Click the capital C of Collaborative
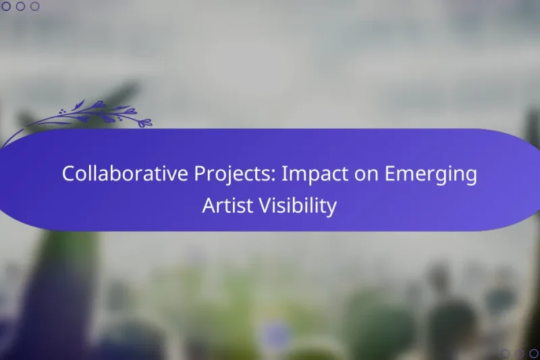(68, 174)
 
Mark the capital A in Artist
(209, 206)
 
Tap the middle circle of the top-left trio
(20, 6)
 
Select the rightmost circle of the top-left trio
(35, 6)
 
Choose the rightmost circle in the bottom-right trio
(534, 353)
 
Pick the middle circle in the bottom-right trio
(519, 353)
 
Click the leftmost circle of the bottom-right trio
(505, 353)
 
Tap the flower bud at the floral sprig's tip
(144, 123)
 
